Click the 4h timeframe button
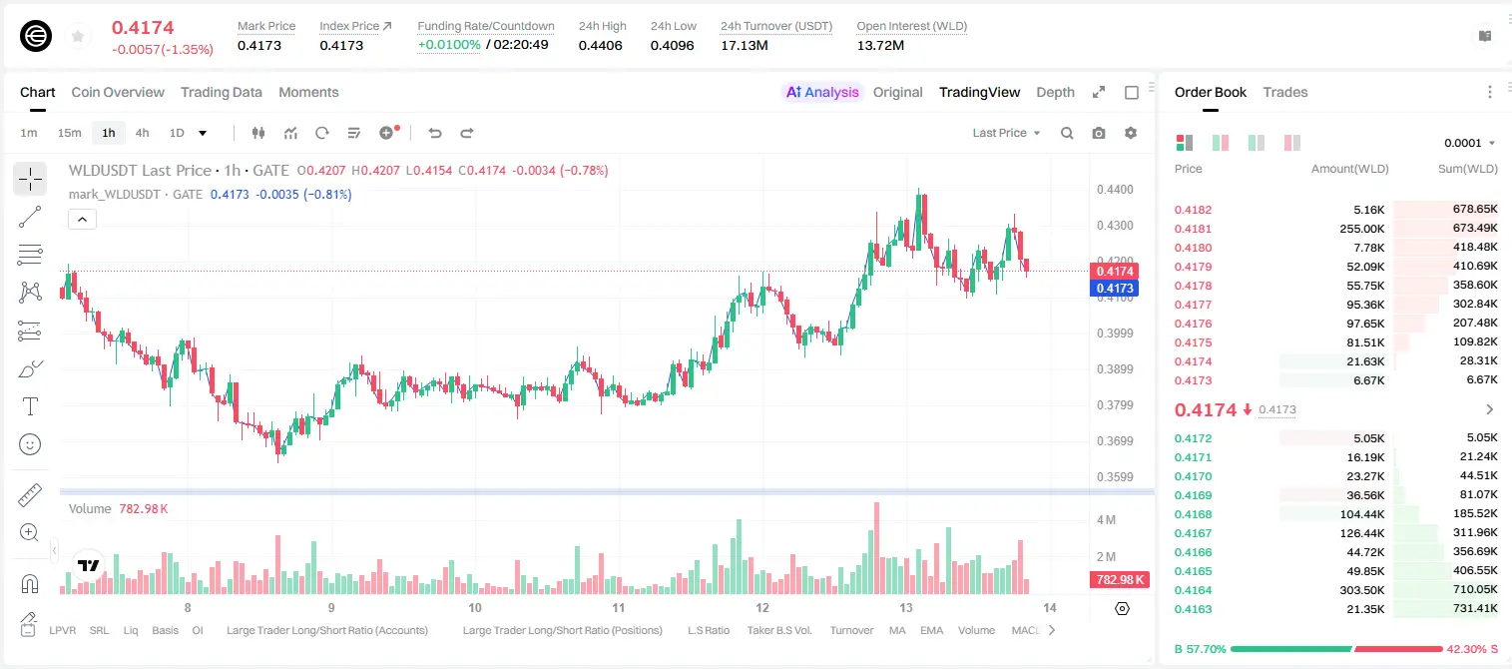[142, 133]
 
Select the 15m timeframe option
[69, 133]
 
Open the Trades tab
[1285, 92]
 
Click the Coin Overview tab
[118, 92]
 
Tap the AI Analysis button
[822, 92]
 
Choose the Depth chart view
[1055, 92]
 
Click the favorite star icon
[78, 36]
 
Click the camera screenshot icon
[1099, 133]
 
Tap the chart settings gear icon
[1131, 133]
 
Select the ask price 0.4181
[1193, 229]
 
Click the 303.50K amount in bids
[1361, 590]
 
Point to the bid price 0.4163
[1193, 609]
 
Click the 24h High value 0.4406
[600, 45]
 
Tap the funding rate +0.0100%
[449, 45]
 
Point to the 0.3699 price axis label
[1115, 440]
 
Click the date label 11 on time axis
[619, 607]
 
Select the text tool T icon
[30, 406]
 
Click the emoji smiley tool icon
[30, 444]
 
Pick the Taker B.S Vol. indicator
[778, 630]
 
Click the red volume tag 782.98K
[1119, 579]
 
